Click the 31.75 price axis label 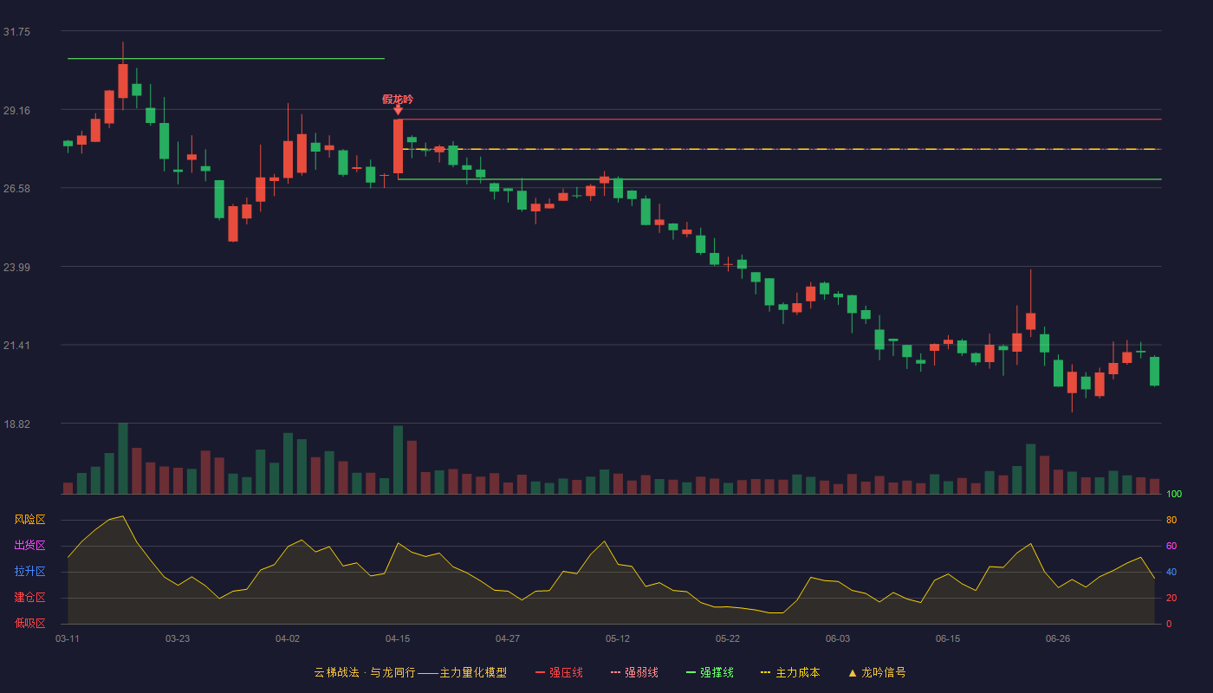(x=16, y=32)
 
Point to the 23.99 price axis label (x=16, y=268)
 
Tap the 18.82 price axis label (x=16, y=424)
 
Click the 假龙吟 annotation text (x=398, y=99)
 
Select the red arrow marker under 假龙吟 (x=398, y=111)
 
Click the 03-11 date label (x=68, y=639)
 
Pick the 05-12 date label (x=617, y=639)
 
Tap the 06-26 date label (x=1058, y=639)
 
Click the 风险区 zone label (x=29, y=519)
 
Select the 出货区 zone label (x=29, y=545)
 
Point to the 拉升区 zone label (x=29, y=571)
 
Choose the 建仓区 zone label (x=29, y=597)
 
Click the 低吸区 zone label (x=29, y=623)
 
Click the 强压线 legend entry (x=559, y=672)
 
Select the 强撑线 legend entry (x=710, y=672)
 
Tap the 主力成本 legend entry (x=790, y=672)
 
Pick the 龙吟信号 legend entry (x=877, y=672)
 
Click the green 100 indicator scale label (x=1174, y=494)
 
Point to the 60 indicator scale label (x=1171, y=546)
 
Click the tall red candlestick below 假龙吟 (x=398, y=146)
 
